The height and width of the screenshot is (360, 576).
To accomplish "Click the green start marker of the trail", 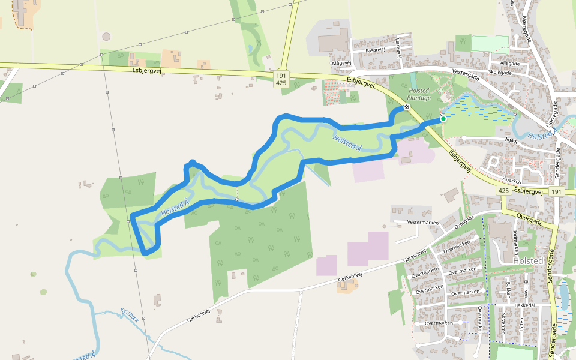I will [x=443, y=119].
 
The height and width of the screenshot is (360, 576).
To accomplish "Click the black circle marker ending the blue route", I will [x=407, y=107].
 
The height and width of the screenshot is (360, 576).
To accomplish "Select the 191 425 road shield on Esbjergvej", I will [x=281, y=80].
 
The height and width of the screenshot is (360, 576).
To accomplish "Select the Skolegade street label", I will [x=500, y=72].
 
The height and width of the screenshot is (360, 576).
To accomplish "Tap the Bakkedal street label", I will [x=524, y=305].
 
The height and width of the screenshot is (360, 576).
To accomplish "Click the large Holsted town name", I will [x=528, y=261].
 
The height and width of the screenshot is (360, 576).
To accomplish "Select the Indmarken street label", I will [x=515, y=240].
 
